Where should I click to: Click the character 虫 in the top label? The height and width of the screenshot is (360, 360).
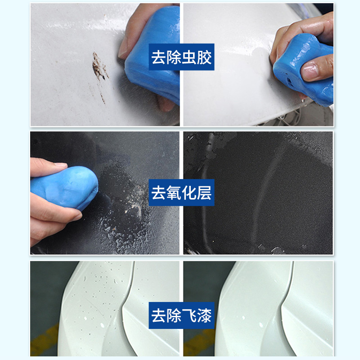[189, 58]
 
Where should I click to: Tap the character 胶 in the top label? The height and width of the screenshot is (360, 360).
[204, 58]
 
